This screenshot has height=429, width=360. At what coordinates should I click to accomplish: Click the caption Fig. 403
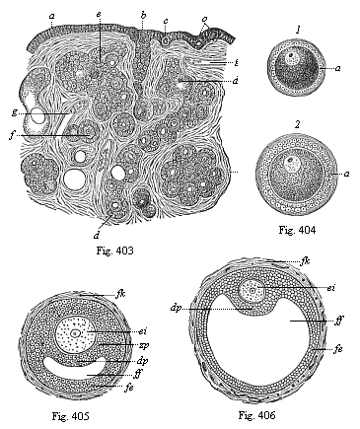pos(114,251)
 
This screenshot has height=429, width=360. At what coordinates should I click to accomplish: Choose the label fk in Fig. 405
pos(120,294)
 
